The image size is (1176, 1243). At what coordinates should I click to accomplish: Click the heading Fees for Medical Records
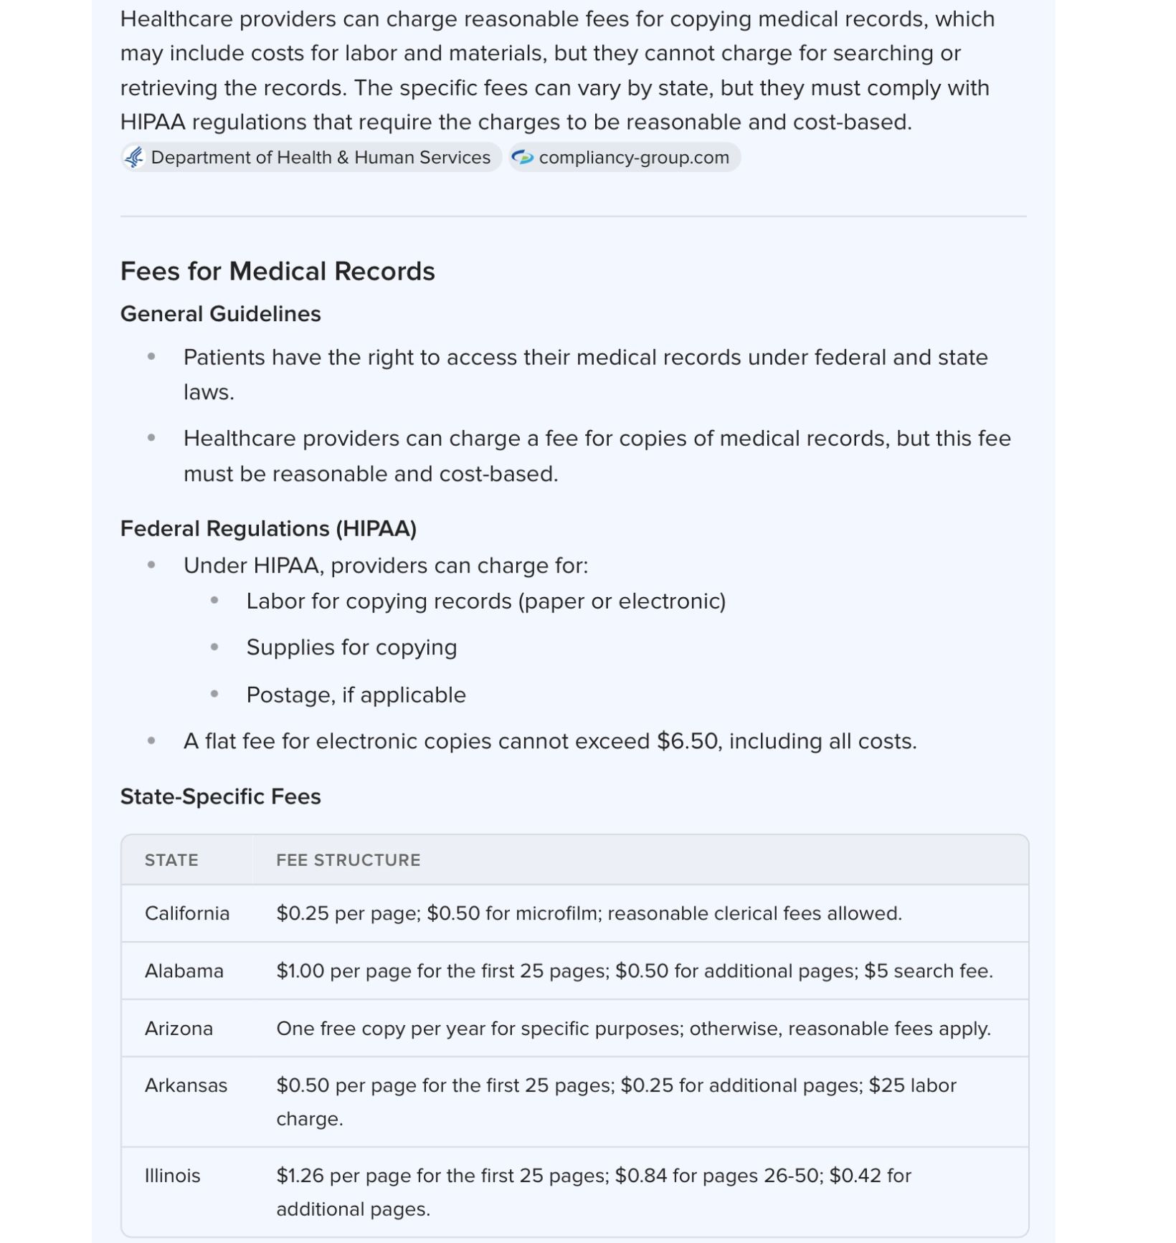(278, 272)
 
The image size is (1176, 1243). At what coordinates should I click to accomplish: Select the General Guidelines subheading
(220, 314)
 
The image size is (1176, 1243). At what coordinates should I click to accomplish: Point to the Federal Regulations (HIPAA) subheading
(268, 528)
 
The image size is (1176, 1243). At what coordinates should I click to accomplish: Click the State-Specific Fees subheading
(220, 796)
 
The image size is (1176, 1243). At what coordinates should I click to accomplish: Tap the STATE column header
(171, 860)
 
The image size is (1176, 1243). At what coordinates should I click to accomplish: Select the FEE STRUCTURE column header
(348, 860)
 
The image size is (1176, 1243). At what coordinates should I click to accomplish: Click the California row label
(187, 913)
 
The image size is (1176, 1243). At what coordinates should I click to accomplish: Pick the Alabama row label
(184, 971)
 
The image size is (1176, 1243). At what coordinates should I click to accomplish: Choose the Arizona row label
(179, 1029)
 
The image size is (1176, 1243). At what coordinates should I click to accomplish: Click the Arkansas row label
(186, 1085)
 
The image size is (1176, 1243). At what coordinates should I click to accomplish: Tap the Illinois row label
(173, 1176)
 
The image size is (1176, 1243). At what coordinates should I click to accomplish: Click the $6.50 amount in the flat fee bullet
(687, 741)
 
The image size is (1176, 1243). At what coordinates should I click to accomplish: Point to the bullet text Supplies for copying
(351, 647)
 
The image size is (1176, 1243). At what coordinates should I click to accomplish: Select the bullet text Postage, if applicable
(356, 695)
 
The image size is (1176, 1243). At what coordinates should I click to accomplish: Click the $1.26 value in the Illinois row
(300, 1176)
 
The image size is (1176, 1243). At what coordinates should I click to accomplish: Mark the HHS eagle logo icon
(134, 158)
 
